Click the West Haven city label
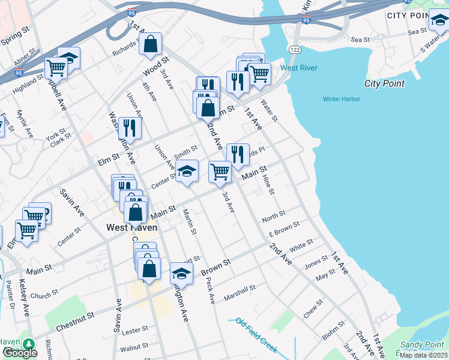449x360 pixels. tap(131, 227)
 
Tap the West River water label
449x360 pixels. tap(299, 68)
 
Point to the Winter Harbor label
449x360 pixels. tap(340, 99)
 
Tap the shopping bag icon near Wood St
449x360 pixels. tap(151, 44)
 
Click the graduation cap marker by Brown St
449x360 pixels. tap(181, 274)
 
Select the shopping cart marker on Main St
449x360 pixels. tap(220, 171)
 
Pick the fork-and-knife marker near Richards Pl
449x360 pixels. tap(238, 155)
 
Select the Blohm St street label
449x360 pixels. tap(333, 328)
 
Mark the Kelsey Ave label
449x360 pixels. tap(23, 298)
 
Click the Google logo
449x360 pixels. tap(20, 352)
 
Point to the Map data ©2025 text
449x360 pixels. tap(424, 355)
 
